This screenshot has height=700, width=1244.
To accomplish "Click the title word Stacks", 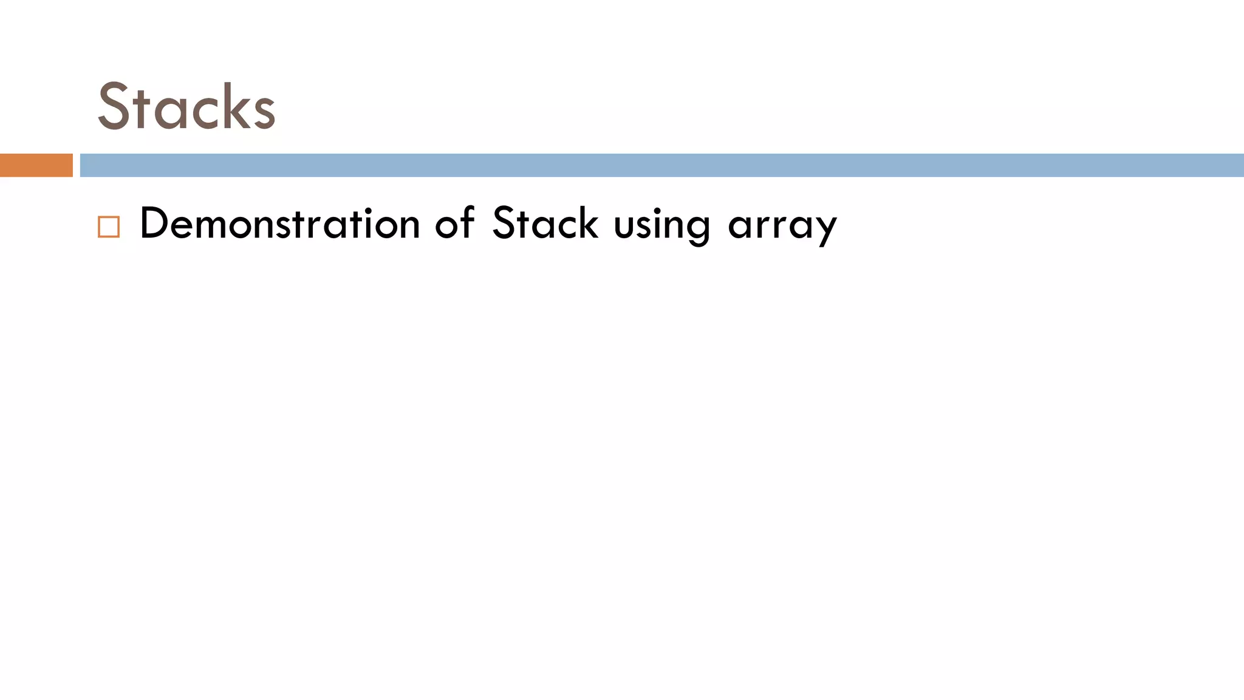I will click(x=186, y=107).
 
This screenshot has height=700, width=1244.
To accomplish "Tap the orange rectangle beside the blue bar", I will click(x=36, y=165).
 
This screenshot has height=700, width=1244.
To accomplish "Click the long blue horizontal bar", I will click(x=661, y=165).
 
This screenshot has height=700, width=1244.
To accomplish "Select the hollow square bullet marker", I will click(x=109, y=227).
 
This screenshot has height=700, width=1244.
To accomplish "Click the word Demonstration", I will click(x=279, y=224).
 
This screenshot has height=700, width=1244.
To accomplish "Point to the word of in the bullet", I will click(x=454, y=224).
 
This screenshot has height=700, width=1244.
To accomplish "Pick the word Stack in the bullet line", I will click(x=545, y=224).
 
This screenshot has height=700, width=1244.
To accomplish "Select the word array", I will click(x=782, y=226).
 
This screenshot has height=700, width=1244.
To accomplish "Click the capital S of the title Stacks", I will click(x=114, y=107).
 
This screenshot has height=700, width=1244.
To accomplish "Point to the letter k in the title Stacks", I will click(x=233, y=107).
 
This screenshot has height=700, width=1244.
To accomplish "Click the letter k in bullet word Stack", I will click(x=588, y=224).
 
